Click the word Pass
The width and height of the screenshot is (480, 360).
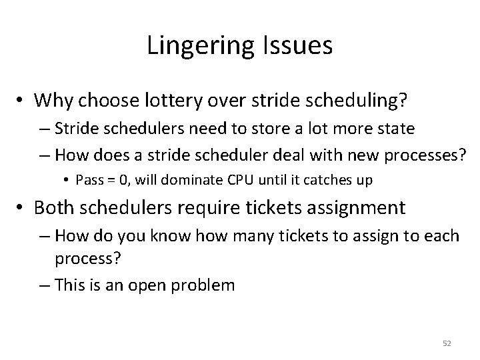[x=89, y=179]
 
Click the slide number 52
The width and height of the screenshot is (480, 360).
[x=446, y=343]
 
